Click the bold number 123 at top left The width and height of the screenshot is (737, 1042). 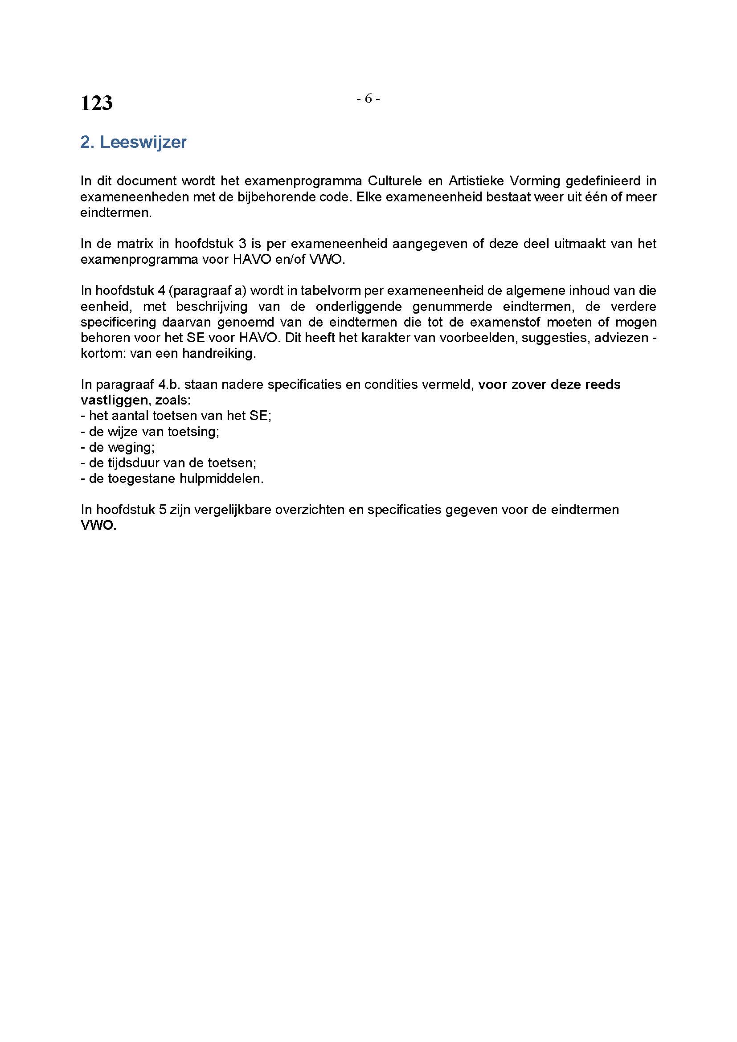pyautogui.click(x=96, y=103)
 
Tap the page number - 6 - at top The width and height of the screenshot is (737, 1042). pyautogui.click(x=368, y=98)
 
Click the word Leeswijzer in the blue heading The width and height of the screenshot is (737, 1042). pyautogui.click(x=143, y=143)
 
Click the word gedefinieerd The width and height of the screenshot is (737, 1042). pyautogui.click(x=600, y=181)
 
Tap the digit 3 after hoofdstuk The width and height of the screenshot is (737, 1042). pyautogui.click(x=243, y=244)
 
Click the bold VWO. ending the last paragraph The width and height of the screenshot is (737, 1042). pyautogui.click(x=98, y=526)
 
